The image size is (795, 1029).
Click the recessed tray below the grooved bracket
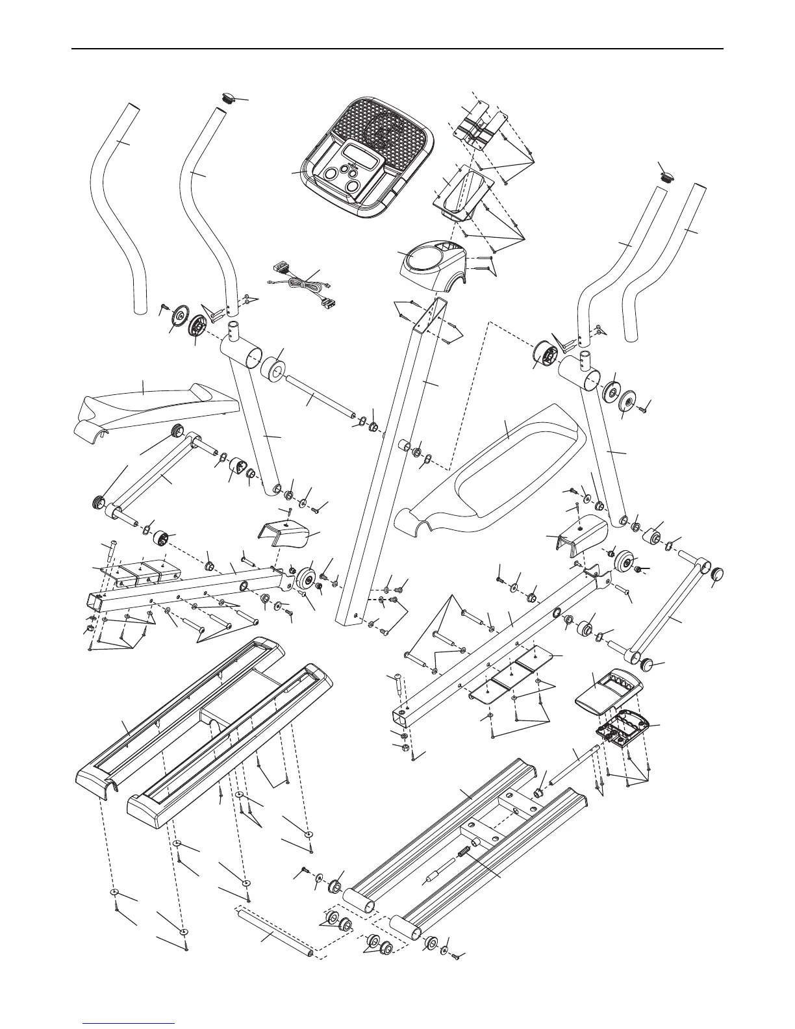click(x=465, y=187)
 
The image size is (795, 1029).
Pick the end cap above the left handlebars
click(x=227, y=99)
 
